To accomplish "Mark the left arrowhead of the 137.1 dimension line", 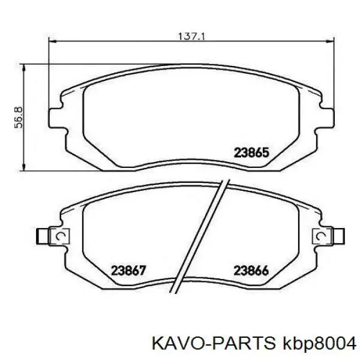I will (52, 42).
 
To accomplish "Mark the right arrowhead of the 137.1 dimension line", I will (332, 42).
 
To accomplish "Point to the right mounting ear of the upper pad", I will (328, 116).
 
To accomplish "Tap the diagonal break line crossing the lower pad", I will (198, 240).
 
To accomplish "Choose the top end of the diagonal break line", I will (223, 182).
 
